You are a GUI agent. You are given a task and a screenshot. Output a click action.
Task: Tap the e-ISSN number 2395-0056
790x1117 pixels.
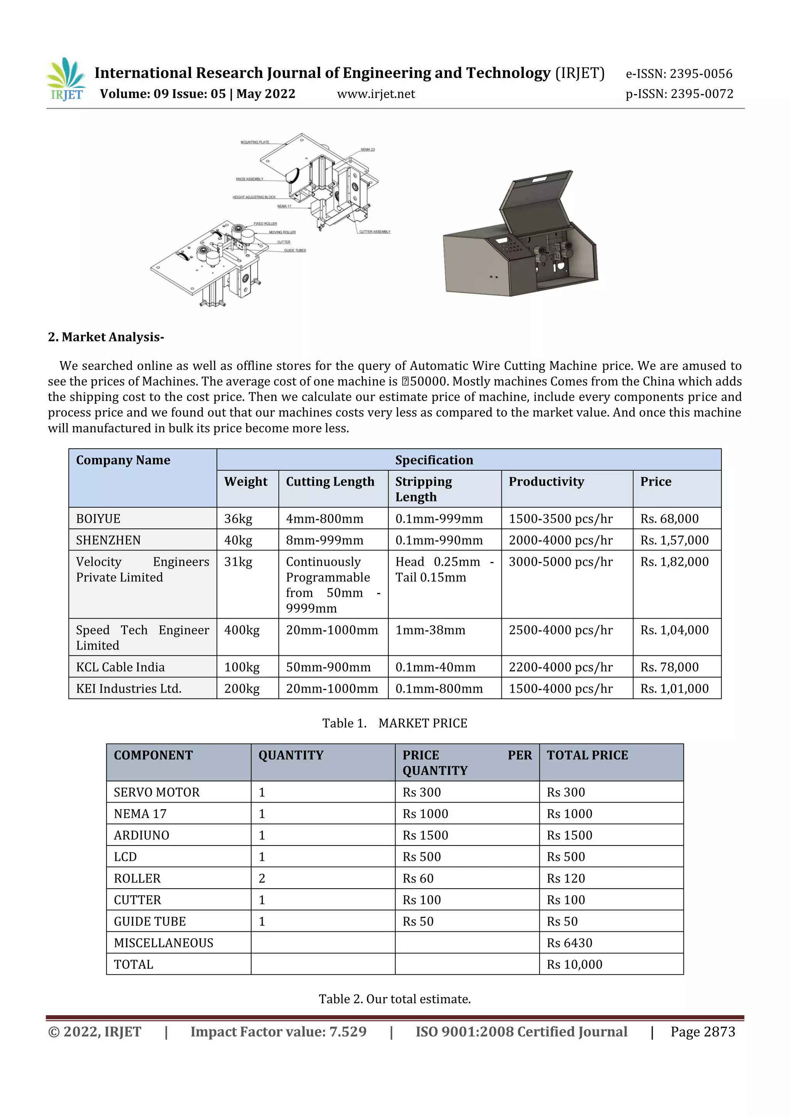click(x=679, y=74)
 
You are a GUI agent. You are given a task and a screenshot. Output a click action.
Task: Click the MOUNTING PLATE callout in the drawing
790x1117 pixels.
click(x=255, y=142)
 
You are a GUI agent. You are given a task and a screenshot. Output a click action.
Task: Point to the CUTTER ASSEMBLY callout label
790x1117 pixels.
click(x=375, y=231)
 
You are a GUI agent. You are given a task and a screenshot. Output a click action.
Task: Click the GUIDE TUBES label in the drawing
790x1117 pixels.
click(x=295, y=251)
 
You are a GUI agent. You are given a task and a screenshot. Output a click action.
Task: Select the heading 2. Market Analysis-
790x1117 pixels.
click(x=106, y=337)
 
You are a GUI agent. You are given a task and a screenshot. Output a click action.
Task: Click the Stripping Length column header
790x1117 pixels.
click(x=423, y=489)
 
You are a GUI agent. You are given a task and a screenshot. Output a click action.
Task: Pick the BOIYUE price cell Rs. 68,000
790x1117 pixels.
click(x=669, y=519)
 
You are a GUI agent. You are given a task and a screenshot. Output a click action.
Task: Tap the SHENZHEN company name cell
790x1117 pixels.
click(x=108, y=540)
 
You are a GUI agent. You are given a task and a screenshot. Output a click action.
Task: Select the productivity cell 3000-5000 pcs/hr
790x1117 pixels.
click(x=560, y=562)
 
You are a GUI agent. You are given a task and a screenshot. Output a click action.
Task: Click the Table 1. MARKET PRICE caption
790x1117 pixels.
click(x=395, y=724)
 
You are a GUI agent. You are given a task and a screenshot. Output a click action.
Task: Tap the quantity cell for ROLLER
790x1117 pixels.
click(x=262, y=878)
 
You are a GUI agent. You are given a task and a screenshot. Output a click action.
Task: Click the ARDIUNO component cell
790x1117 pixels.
click(x=142, y=835)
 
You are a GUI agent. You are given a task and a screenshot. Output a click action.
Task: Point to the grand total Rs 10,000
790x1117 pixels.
click(x=574, y=964)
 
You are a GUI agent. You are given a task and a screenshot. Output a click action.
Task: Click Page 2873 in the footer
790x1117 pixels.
click(x=702, y=1031)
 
